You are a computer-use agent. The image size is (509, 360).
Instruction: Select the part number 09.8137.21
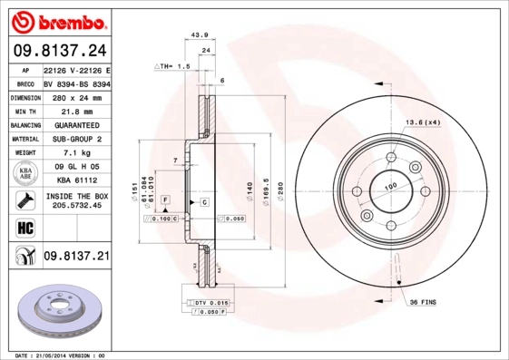(x=76, y=258)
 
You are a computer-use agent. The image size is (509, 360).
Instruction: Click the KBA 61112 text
(x=76, y=180)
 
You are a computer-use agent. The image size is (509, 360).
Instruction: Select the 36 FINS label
(x=425, y=300)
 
